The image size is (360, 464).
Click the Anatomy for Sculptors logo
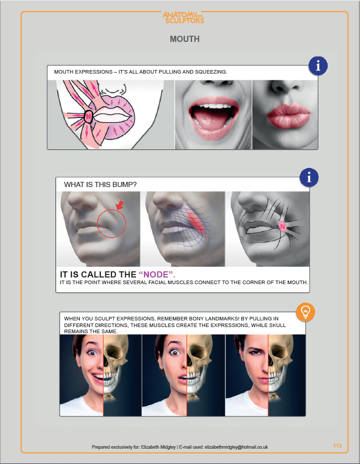click(x=183, y=17)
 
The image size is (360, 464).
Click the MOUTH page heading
click(x=185, y=39)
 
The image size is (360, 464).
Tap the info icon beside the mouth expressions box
click(x=318, y=65)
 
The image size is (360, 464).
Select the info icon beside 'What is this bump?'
click(x=309, y=177)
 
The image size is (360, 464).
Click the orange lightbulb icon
click(x=305, y=312)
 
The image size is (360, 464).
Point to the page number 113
click(x=337, y=446)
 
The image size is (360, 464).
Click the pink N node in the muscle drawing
click(x=88, y=116)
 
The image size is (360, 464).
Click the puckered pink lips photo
click(x=288, y=115)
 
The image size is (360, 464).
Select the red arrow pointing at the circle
click(x=120, y=205)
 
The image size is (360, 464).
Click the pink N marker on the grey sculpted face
click(x=282, y=227)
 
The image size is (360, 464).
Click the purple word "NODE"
click(x=156, y=274)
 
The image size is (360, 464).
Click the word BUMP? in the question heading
click(x=126, y=184)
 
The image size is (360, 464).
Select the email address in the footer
click(x=236, y=447)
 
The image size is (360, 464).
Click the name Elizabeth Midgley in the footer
click(x=158, y=447)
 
